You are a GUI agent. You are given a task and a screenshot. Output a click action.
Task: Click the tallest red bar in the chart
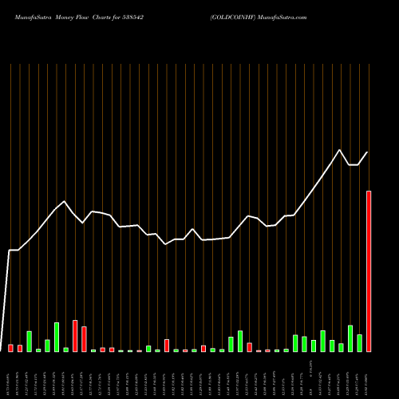click(x=369, y=271)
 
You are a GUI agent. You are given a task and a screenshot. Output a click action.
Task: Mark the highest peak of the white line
click(x=341, y=150)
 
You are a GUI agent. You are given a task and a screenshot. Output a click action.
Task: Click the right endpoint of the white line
click(x=368, y=152)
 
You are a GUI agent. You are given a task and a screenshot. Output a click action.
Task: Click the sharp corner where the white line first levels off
click(x=10, y=251)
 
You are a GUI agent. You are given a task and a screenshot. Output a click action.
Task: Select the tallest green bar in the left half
click(x=57, y=337)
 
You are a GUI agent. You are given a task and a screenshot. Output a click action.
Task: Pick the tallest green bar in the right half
click(x=350, y=338)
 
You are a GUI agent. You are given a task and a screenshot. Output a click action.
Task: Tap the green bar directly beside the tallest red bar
click(x=359, y=343)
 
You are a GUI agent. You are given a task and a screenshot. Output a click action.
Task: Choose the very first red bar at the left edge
click(x=11, y=348)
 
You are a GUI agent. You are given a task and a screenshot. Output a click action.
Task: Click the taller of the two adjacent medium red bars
click(x=75, y=336)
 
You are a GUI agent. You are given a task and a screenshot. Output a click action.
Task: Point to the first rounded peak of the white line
click(x=65, y=201)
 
